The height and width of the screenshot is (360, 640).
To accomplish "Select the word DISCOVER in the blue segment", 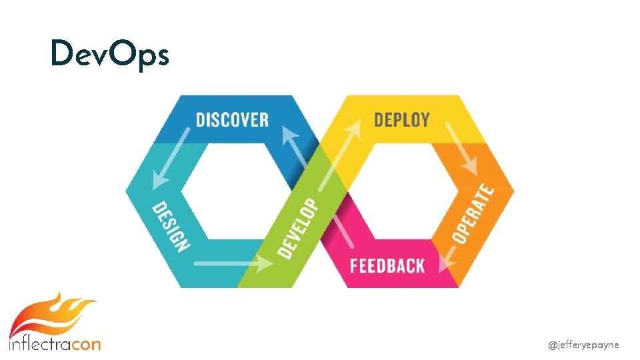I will click(233, 120).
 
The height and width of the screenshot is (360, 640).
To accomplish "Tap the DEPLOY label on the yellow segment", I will click(401, 120).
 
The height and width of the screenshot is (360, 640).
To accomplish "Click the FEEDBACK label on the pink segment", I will click(387, 265).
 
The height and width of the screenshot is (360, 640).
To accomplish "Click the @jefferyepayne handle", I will click(583, 345).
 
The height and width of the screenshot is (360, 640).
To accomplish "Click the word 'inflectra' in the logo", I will click(39, 344).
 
